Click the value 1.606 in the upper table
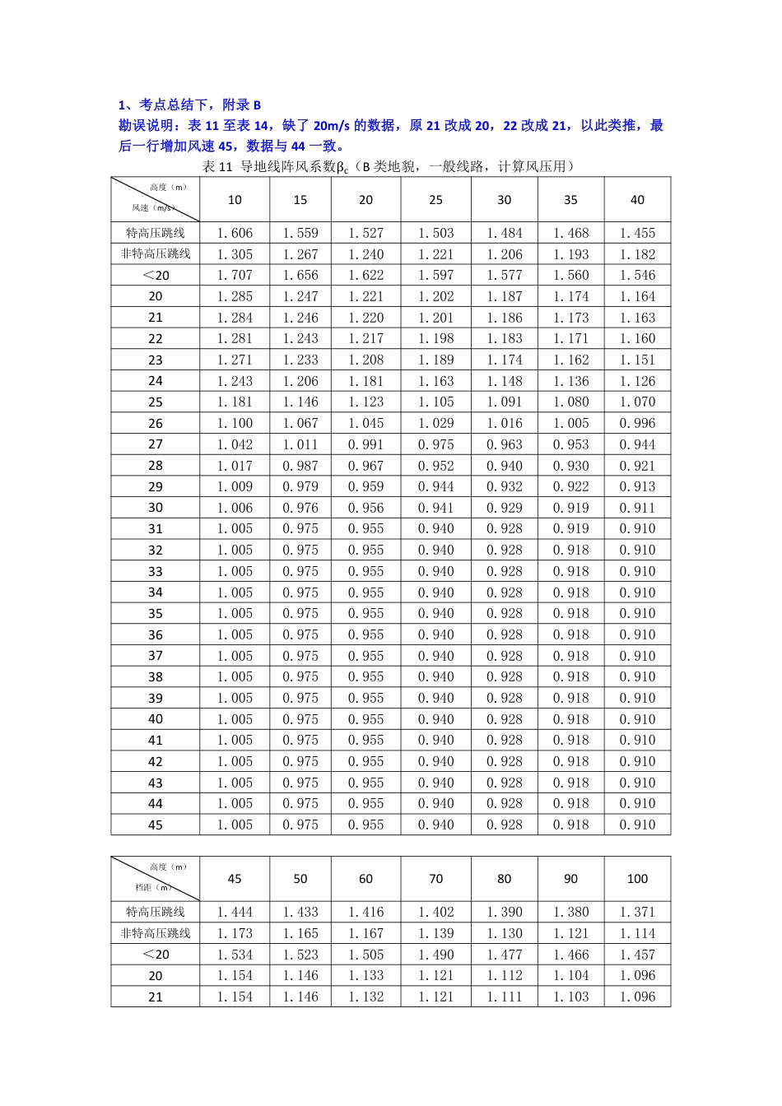coord(235,233)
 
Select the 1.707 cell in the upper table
coord(235,275)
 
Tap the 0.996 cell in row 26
coord(637,423)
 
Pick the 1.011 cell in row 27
coord(300,444)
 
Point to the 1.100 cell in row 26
coord(235,423)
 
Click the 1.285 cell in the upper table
coord(235,296)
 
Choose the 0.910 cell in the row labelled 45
coord(637,825)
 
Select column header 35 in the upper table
coord(570,200)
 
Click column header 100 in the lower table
coord(637,879)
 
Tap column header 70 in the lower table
coord(436,879)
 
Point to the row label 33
coord(156,571)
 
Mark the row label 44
coord(156,803)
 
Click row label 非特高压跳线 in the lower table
coord(156,933)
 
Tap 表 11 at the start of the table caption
coord(217,167)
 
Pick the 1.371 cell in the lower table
coord(637,912)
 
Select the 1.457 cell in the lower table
coord(637,955)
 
